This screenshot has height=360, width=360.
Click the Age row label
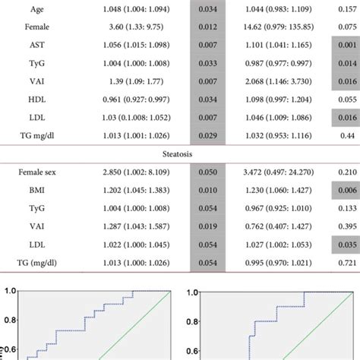pyautogui.click(x=36, y=10)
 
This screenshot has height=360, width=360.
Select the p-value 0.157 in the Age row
pyautogui.click(x=346, y=10)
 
